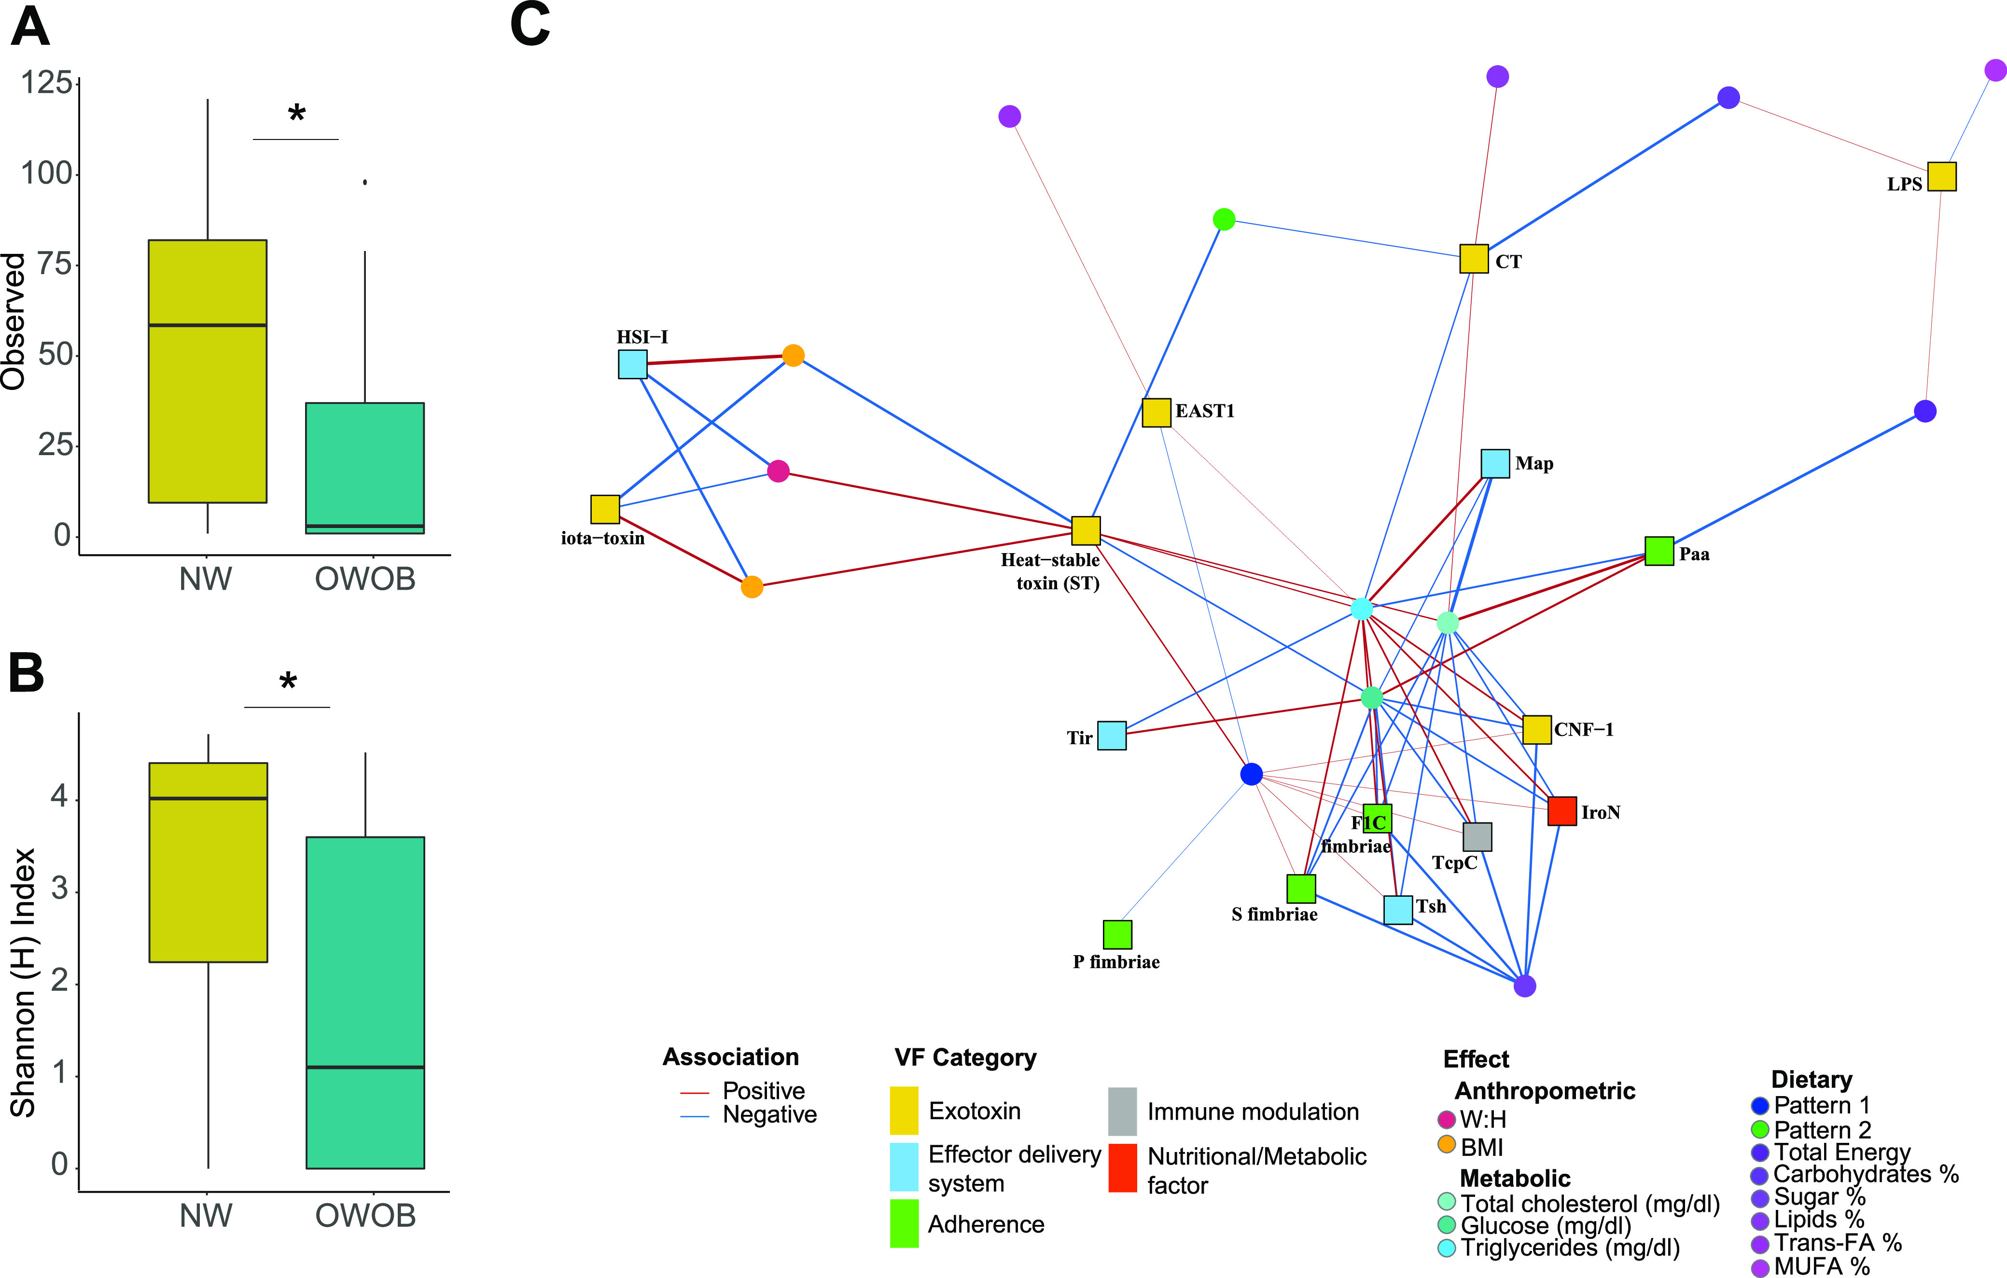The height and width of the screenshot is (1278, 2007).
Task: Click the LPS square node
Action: pyautogui.click(x=1941, y=177)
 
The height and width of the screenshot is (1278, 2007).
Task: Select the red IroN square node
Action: pyautogui.click(x=1561, y=811)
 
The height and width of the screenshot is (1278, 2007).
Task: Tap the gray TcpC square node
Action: pyautogui.click(x=1477, y=836)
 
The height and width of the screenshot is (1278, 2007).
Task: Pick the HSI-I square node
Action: pyautogui.click(x=633, y=364)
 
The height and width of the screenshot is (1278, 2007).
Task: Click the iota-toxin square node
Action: pyautogui.click(x=605, y=509)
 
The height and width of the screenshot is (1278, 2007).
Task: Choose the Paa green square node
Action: pyautogui.click(x=1659, y=551)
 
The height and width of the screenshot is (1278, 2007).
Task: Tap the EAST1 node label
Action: pyautogui.click(x=1204, y=411)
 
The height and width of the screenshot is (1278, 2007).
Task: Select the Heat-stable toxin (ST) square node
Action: pyautogui.click(x=1085, y=530)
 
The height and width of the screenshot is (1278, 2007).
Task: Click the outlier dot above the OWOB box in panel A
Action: pyautogui.click(x=365, y=181)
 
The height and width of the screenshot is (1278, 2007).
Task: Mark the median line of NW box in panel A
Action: pyautogui.click(x=208, y=325)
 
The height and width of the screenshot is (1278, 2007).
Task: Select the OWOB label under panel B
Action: pyautogui.click(x=365, y=1216)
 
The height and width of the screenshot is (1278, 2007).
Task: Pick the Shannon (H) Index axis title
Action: pyautogui.click(x=23, y=983)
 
